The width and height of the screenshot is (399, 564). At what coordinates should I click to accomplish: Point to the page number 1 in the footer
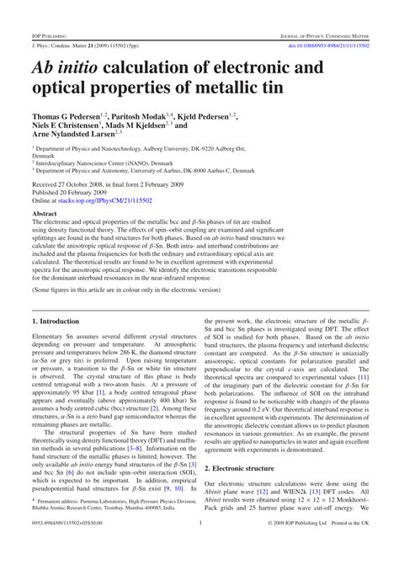coord(199,546)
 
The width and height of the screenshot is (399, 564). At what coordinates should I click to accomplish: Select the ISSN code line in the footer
coord(63,546)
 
